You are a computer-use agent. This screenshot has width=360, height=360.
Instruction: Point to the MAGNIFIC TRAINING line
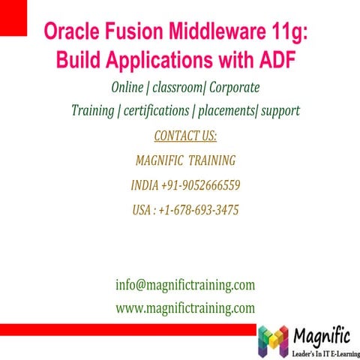pos(185,160)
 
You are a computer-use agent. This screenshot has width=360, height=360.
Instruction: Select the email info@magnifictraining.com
pos(184,285)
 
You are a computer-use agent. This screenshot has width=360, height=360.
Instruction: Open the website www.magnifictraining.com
pos(184,307)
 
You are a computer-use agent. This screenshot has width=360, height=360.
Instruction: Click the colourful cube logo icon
pos(272,342)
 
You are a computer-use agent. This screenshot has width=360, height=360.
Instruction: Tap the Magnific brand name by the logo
pos(320,335)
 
